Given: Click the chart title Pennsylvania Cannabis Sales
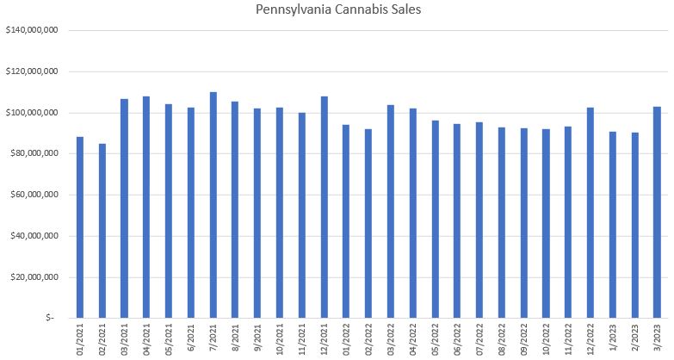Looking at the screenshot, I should coord(337,9).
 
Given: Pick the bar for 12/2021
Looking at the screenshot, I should coord(325,207).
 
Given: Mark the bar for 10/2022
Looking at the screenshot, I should coord(546,224).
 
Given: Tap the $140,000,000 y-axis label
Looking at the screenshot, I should coord(31,30).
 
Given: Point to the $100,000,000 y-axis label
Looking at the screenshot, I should coord(31,113).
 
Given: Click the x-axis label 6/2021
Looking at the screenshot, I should coord(191,338).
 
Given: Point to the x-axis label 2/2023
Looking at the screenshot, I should coord(635,338).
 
